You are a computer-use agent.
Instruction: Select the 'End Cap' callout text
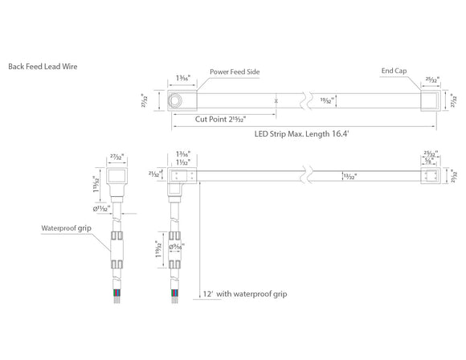pyautogui.click(x=394, y=72)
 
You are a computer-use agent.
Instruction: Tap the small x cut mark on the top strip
pyautogui.click(x=276, y=101)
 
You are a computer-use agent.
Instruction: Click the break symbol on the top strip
pyautogui.click(x=307, y=102)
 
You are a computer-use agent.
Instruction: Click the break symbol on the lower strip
pyautogui.click(x=307, y=174)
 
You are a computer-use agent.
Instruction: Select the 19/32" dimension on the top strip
pyautogui.click(x=327, y=101)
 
